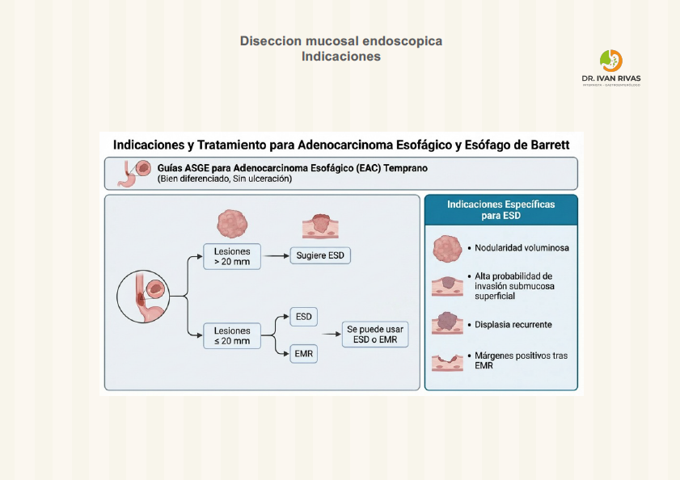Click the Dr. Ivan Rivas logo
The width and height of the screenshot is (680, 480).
[611, 66]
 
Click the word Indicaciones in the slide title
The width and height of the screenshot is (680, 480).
[340, 57]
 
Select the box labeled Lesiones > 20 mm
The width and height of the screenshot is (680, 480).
[232, 255]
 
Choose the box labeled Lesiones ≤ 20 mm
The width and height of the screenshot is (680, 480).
[232, 335]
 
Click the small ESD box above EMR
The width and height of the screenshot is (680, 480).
[303, 316]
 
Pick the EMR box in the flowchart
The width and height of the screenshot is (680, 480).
[303, 354]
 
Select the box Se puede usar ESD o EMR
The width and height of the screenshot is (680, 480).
[374, 335]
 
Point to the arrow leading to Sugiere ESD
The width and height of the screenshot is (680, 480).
[277, 255]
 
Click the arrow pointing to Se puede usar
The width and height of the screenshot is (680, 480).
[330, 335]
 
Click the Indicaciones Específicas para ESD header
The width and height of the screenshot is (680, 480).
[500, 210]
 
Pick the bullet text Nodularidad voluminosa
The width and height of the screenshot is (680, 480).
[522, 248]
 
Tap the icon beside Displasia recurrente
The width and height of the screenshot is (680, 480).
[446, 322]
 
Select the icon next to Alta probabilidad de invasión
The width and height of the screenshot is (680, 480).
[446, 286]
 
